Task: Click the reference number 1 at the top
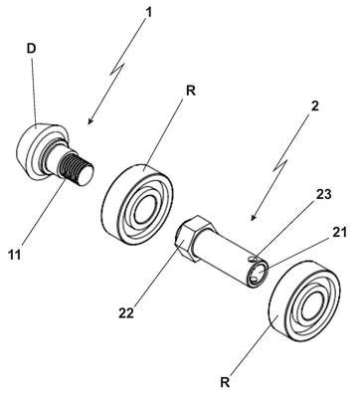point(149,13)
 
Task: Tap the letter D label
point(31,49)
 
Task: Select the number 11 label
point(15,255)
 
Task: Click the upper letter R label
point(191,91)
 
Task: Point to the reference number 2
point(314,106)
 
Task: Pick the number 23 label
point(323,194)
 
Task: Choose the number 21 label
point(339,233)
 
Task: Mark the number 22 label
point(126,312)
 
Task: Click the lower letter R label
point(225,382)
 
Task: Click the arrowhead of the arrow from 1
point(90,122)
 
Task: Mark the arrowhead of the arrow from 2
point(253,218)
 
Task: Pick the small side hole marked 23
point(254,257)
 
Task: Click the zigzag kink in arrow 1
point(119,68)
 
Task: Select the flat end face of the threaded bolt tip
point(86,174)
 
